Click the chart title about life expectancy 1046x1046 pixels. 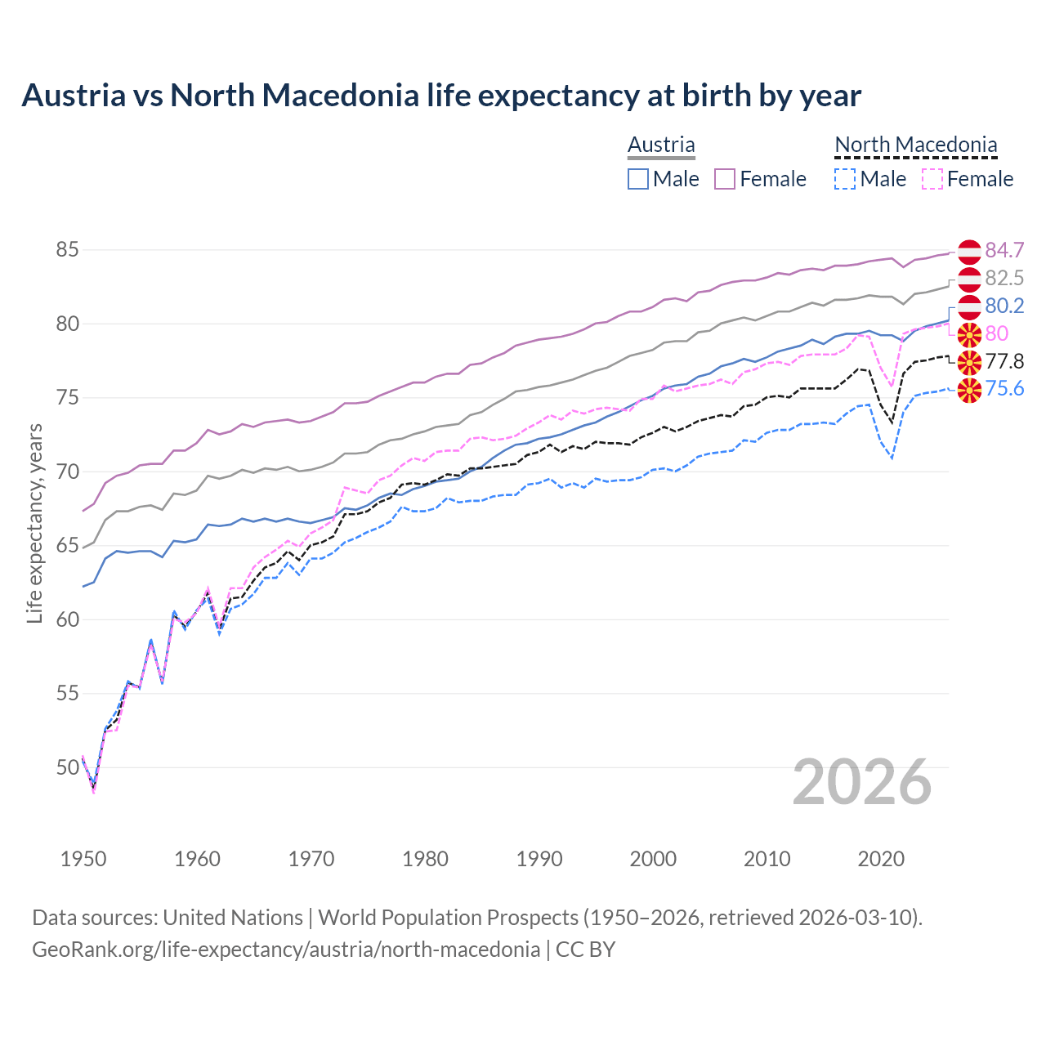click(441, 96)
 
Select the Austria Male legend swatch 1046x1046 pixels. click(638, 179)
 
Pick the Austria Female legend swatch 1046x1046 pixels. click(725, 179)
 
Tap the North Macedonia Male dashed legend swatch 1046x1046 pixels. click(845, 179)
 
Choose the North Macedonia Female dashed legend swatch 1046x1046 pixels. click(932, 179)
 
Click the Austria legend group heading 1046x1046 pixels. click(661, 145)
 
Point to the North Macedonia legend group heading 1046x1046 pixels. click(915, 145)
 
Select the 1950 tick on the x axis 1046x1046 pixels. click(83, 859)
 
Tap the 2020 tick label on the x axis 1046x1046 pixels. click(881, 859)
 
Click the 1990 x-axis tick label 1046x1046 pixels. click(539, 859)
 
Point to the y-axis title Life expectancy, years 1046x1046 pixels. click(34, 523)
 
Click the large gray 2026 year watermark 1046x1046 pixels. click(861, 782)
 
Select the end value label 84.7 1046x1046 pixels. click(1004, 250)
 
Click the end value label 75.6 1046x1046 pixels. click(1004, 389)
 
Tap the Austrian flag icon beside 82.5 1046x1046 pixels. click(969, 279)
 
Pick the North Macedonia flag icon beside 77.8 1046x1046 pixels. click(969, 362)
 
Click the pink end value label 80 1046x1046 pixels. click(997, 333)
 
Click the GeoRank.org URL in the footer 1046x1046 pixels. click(286, 950)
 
